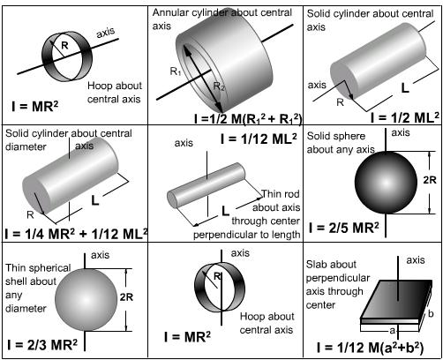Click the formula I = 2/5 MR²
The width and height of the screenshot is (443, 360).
coord(344,228)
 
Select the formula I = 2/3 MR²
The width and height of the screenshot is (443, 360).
coord(42,344)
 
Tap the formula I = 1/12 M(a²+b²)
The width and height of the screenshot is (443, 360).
coord(370,348)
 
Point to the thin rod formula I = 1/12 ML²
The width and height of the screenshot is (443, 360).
coord(259,139)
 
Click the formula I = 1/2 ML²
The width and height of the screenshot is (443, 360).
coord(405,117)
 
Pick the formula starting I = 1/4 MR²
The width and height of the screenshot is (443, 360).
coord(77,234)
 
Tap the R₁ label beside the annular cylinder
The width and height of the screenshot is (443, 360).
coord(176,71)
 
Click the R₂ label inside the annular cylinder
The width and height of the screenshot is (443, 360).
coord(219,86)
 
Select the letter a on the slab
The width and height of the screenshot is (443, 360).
coord(392,331)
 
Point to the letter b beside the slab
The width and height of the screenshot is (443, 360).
coord(431,313)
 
